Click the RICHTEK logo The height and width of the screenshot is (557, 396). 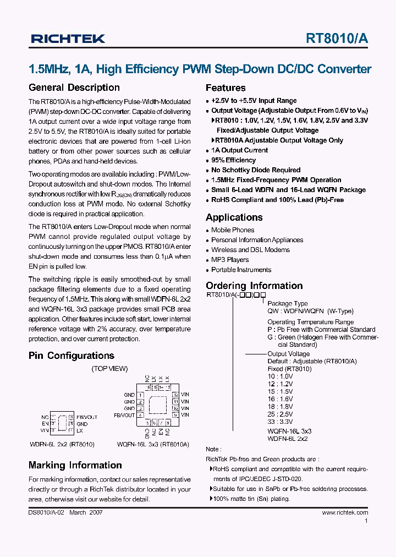click(68, 38)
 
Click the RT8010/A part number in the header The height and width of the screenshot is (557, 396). click(337, 38)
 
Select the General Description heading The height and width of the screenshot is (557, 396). click(74, 88)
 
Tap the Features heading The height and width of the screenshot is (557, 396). click(226, 88)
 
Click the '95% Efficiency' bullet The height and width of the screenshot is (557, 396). click(233, 160)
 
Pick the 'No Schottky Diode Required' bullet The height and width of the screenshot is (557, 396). click(256, 170)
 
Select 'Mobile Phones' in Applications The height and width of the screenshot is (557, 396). click(233, 230)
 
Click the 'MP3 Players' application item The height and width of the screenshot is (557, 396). click(230, 260)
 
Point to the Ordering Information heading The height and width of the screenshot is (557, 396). click(254, 286)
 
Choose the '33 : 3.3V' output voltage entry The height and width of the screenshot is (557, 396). click(280, 422)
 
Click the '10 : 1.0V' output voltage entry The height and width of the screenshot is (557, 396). click(280, 376)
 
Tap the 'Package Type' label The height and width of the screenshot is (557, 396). click(288, 304)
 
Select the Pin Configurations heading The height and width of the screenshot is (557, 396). click(71, 356)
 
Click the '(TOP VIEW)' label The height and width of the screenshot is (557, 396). click(109, 369)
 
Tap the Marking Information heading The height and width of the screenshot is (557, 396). click(75, 465)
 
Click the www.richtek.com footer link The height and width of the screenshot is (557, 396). click(345, 512)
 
